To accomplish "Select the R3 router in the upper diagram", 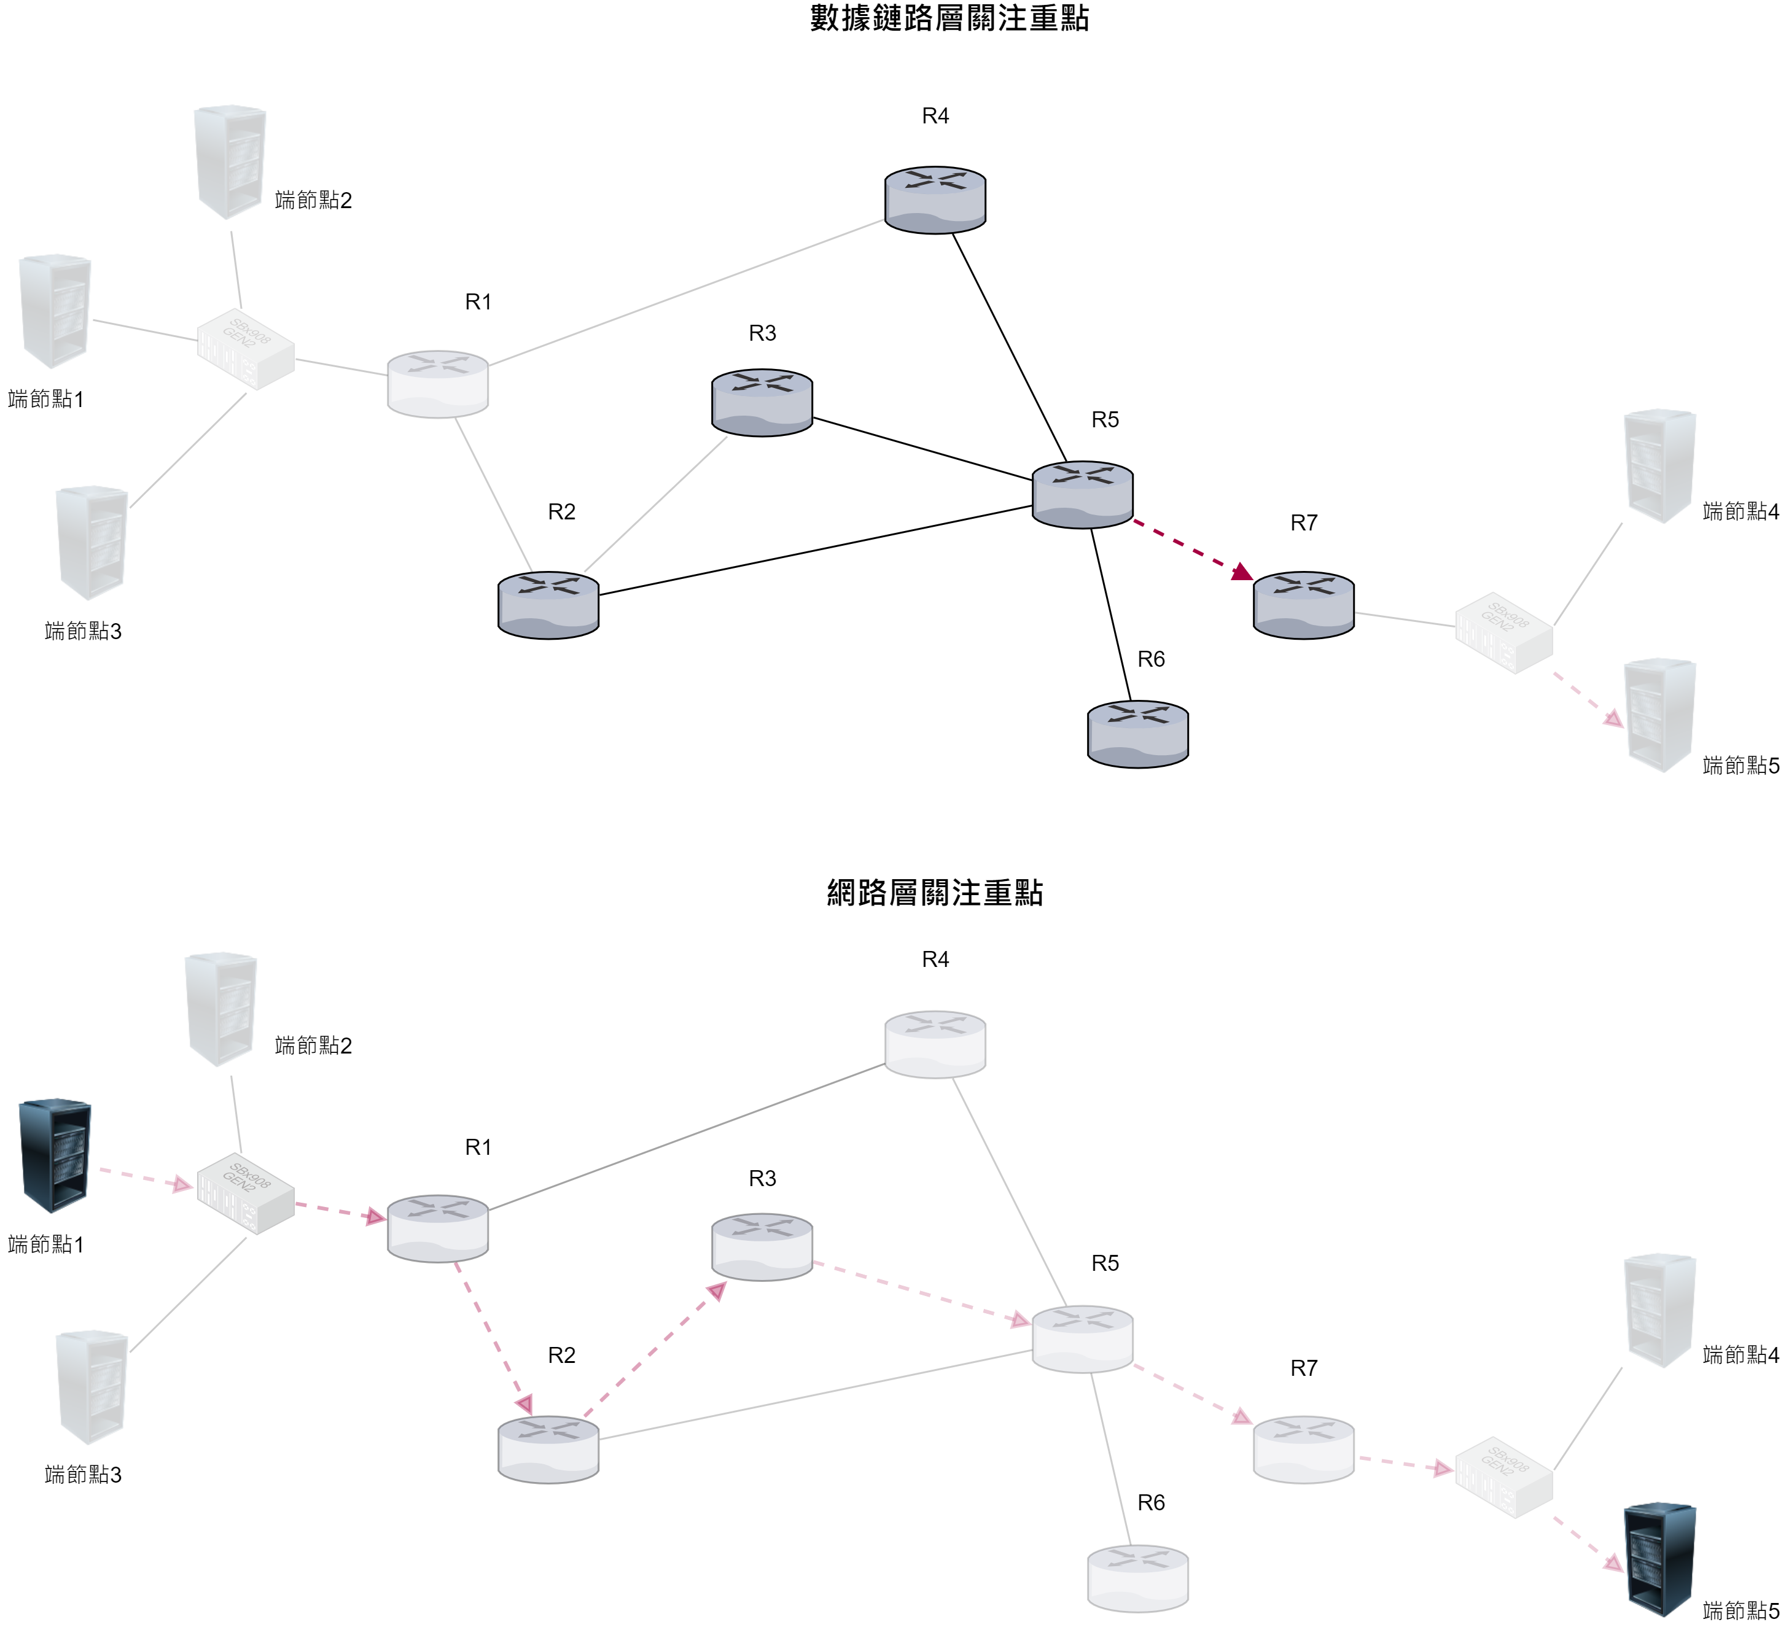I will pyautogui.click(x=762, y=402).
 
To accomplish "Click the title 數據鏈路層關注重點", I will pyautogui.click(x=949, y=18).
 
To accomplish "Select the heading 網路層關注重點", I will pyautogui.click(x=935, y=893).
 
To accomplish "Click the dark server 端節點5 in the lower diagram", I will pyautogui.click(x=1659, y=1558).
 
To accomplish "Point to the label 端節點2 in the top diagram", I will pyautogui.click(x=313, y=201).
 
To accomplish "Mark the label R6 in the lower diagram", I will pyautogui.click(x=1150, y=1502).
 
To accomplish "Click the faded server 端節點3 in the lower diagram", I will pyautogui.click(x=92, y=1386).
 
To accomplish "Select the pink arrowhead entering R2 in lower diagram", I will pyautogui.click(x=525, y=1403).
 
